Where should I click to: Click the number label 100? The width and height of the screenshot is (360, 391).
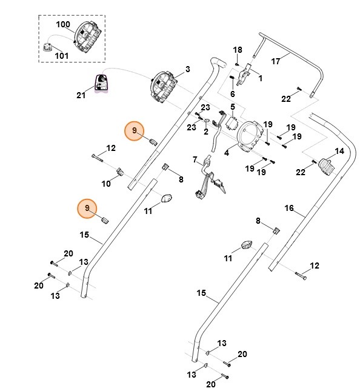(63, 24)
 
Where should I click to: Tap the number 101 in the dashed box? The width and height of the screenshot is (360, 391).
(62, 55)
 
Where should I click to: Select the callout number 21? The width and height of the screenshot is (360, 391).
(81, 95)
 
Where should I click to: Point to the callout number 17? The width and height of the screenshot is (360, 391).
(276, 61)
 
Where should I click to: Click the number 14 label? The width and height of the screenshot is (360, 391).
(339, 151)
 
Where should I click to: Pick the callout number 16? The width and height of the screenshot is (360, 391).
(289, 208)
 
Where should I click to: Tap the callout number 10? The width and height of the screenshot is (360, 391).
(106, 184)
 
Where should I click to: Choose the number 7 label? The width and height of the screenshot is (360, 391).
(195, 159)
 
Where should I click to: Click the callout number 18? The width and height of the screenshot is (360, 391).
(238, 50)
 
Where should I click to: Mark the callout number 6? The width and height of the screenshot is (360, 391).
(232, 94)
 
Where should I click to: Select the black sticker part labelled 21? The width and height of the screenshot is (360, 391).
(101, 83)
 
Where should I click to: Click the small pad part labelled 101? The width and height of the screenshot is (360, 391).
(47, 47)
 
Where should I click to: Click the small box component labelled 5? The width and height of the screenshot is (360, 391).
(231, 123)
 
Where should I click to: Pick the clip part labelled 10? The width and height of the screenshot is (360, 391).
(120, 172)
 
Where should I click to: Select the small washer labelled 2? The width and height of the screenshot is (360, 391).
(207, 121)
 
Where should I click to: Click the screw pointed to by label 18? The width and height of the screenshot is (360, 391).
(236, 64)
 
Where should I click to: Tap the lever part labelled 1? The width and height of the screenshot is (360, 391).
(244, 74)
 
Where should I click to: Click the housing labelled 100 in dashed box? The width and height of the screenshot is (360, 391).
(88, 36)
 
